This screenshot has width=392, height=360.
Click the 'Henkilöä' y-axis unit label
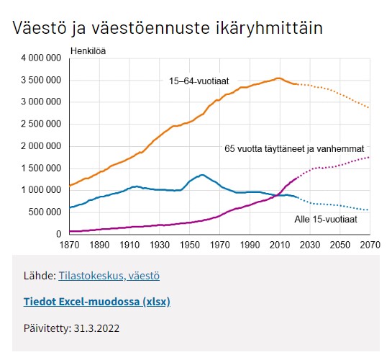[x=88, y=51]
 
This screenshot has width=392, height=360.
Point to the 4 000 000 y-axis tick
[x=41, y=58]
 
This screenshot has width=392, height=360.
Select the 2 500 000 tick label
[x=41, y=124]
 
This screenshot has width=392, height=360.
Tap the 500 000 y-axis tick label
[x=45, y=212]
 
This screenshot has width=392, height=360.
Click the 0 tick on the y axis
[x=59, y=234]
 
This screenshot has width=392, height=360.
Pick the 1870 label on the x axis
[x=69, y=245]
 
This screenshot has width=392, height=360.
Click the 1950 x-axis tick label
[x=189, y=245]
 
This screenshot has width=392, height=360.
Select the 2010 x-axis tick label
[x=280, y=245]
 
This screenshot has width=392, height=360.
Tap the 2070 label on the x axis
[x=370, y=245]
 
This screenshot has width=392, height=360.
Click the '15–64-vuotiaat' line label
[x=199, y=81]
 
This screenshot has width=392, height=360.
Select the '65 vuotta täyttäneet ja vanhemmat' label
[x=294, y=149]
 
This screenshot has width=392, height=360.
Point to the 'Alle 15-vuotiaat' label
[x=326, y=220]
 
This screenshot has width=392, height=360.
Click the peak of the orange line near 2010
[x=278, y=78]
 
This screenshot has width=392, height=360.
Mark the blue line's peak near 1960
[x=202, y=175]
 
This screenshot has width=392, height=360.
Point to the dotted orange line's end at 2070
[x=368, y=107]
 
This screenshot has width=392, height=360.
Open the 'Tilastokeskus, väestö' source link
[x=109, y=276]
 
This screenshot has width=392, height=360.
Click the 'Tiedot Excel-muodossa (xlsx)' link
[x=97, y=302]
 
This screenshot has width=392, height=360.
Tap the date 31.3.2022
[x=96, y=328]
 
